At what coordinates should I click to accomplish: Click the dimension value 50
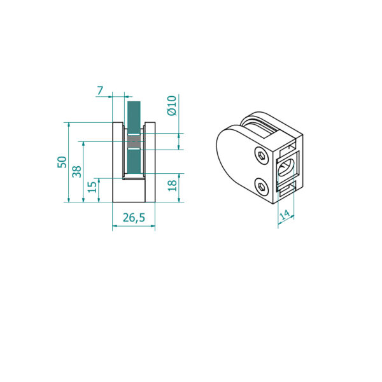62,162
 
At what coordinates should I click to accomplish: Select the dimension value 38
77,171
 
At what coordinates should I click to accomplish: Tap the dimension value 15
92,187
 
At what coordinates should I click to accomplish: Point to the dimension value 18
173,186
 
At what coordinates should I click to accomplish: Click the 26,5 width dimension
134,218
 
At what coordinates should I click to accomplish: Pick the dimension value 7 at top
100,90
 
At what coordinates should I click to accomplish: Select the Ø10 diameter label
171,106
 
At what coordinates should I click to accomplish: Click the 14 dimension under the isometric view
285,215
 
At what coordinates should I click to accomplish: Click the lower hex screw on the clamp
262,187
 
